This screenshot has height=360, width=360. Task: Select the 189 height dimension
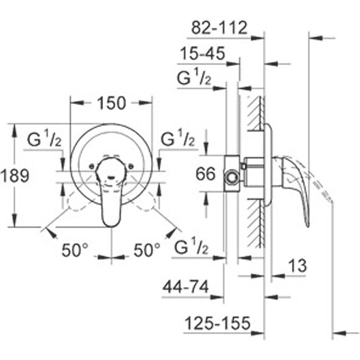coord(15,175)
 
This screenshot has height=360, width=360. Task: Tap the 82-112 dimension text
coord(219,28)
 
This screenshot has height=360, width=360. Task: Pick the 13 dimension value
coord(298,266)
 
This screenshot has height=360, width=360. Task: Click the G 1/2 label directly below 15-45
coord(194,79)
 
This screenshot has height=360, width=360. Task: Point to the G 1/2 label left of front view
coord(45,141)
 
